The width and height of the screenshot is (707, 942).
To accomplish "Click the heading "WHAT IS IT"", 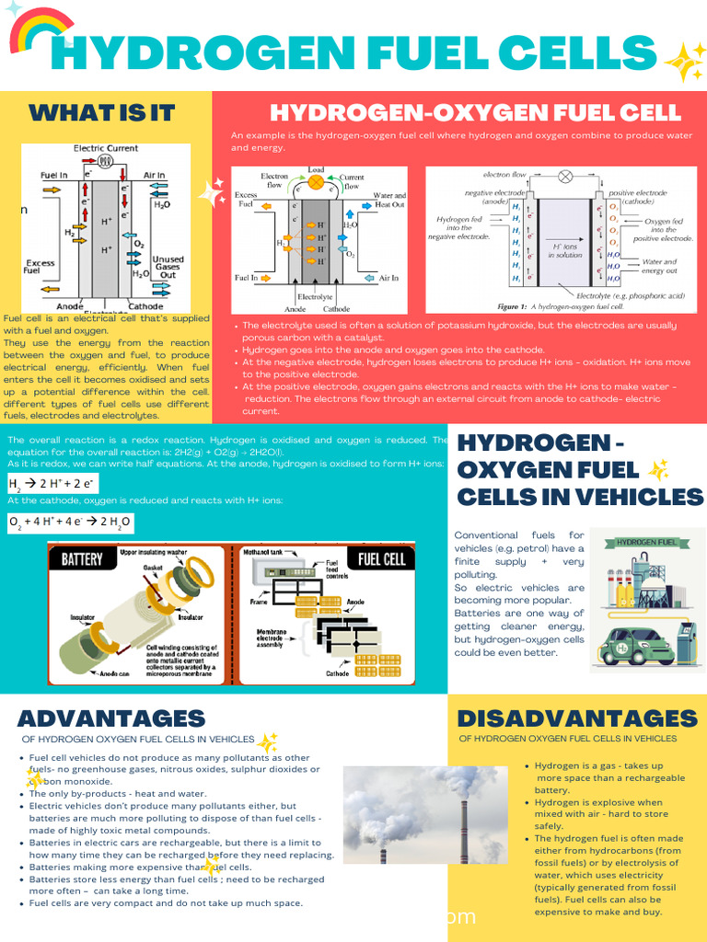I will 101,113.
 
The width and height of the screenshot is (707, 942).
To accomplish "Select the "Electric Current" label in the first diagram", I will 106,148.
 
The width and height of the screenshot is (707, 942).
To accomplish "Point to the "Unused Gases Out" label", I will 168,267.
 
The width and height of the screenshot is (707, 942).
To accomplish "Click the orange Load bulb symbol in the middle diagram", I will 317,182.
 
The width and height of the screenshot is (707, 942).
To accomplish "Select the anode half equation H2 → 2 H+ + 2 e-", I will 52,484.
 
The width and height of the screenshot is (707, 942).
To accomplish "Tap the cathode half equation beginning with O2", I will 70,523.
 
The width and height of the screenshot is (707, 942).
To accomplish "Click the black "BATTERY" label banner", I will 82,558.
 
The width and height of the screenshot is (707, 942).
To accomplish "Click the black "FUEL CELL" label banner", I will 381,558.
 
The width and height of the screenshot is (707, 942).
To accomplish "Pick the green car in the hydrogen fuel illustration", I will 636,645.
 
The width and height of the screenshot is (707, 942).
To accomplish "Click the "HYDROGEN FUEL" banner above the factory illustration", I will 648,543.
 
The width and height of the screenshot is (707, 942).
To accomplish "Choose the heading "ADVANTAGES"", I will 111,718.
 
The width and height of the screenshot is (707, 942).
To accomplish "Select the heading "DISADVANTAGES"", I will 577,718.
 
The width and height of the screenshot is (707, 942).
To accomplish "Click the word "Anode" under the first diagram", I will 70,306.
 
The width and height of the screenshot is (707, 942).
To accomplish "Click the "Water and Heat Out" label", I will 388,201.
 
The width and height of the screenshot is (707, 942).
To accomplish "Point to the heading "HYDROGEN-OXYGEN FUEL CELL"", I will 475,113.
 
